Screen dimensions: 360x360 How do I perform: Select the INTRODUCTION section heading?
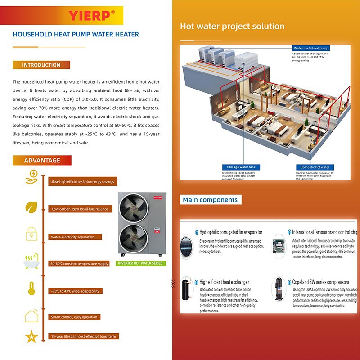click(41, 65)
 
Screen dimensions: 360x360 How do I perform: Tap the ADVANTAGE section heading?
click(42, 160)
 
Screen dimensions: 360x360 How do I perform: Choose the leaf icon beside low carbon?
click(31, 207)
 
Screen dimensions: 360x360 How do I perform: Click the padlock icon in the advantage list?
click(31, 234)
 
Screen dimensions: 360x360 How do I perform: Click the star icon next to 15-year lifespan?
click(31, 336)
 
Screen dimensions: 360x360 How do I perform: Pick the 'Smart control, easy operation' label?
click(74, 317)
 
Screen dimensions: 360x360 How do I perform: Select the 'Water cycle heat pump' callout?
click(311, 48)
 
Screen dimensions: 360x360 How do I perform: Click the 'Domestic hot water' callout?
click(315, 167)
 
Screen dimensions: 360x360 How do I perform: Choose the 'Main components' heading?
click(210, 200)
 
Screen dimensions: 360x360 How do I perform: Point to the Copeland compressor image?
click(279, 288)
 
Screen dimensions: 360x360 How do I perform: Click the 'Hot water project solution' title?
click(232, 26)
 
